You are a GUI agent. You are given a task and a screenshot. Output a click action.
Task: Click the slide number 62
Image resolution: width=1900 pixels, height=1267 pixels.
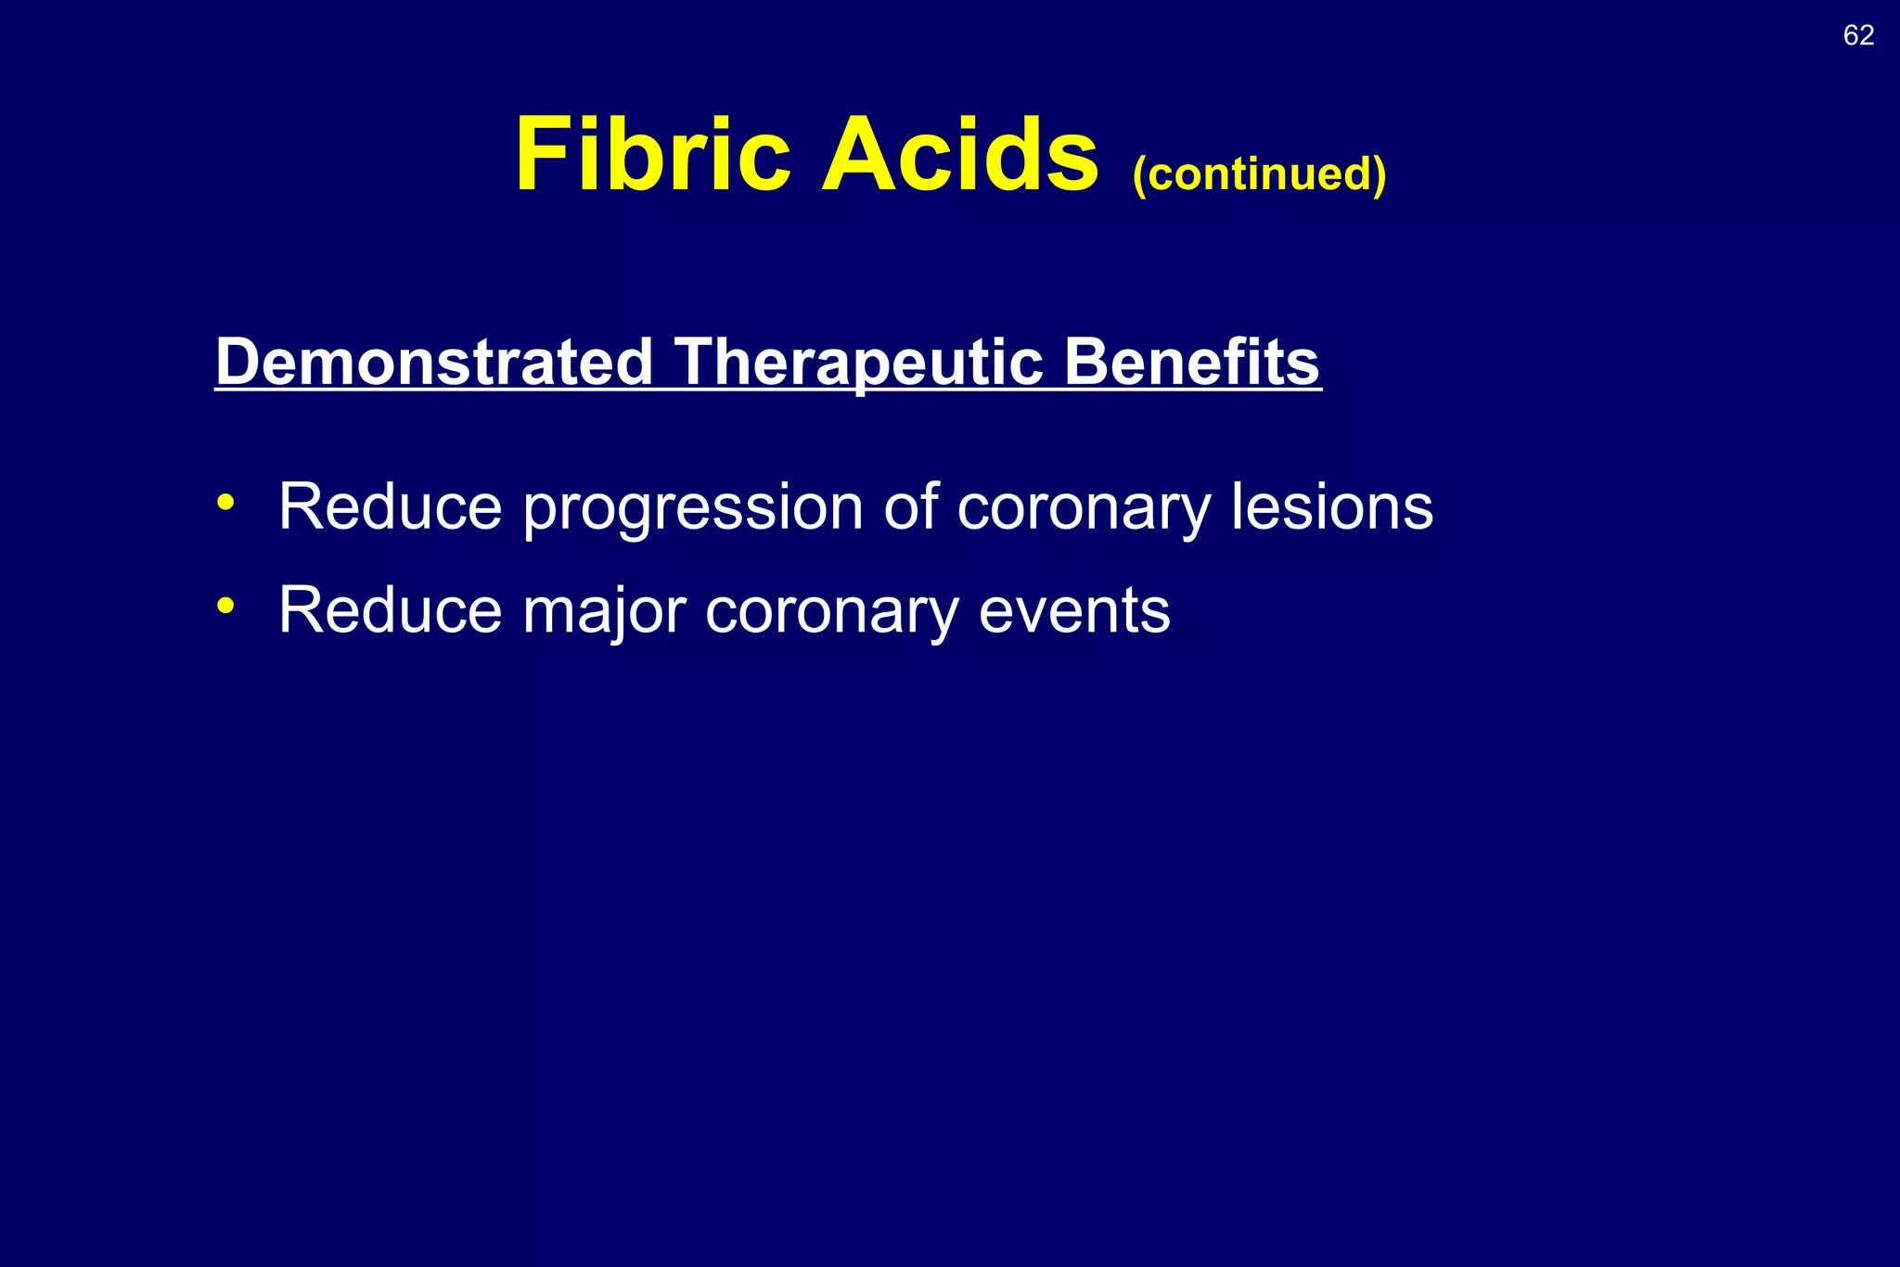click(x=1858, y=35)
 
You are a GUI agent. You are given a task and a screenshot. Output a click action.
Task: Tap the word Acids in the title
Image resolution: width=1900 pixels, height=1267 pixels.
click(x=959, y=155)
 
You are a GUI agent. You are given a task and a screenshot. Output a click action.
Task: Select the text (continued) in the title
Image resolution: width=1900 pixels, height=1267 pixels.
click(x=1259, y=173)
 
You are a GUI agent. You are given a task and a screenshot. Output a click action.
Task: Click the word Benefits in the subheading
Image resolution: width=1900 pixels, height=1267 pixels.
click(x=1191, y=362)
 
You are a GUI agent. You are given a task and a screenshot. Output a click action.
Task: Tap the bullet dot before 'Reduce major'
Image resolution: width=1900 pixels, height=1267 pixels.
click(x=225, y=607)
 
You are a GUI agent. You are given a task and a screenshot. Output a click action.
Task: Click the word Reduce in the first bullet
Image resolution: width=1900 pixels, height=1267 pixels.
click(x=390, y=507)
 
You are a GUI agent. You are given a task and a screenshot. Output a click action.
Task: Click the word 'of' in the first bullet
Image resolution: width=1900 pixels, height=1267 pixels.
click(x=910, y=507)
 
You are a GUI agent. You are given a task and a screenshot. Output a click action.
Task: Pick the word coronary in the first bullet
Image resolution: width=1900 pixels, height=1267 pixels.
click(x=1084, y=509)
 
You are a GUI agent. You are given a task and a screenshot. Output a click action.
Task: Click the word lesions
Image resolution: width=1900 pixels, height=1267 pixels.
click(x=1331, y=507)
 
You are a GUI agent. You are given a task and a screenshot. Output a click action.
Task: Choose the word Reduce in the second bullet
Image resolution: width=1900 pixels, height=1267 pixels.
click(x=390, y=610)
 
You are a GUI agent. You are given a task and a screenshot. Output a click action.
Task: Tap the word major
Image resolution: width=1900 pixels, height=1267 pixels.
click(x=604, y=612)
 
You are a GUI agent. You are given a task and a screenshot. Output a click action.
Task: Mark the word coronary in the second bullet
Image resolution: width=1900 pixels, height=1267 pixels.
click(x=831, y=612)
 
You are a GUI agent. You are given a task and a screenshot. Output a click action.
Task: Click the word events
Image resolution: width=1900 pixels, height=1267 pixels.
click(x=1073, y=610)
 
